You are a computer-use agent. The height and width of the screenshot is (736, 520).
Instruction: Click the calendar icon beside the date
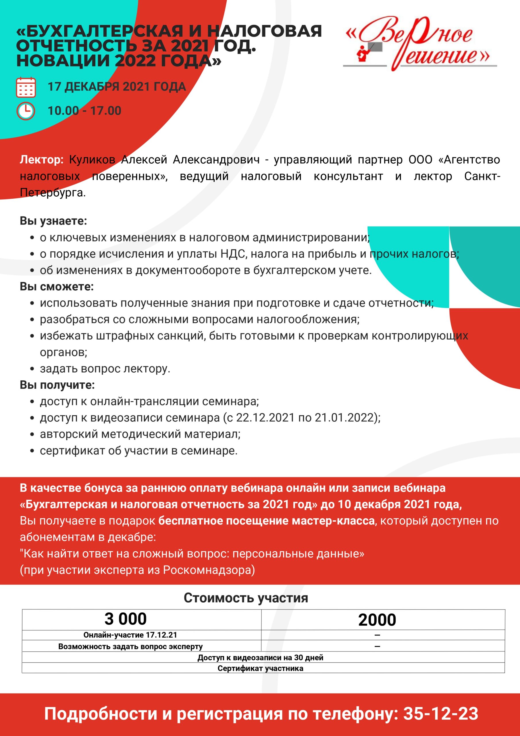click(x=26, y=87)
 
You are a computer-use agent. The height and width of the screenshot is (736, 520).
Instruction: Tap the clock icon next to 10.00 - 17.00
click(x=26, y=111)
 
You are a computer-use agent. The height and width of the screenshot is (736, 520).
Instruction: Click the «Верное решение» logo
click(x=420, y=43)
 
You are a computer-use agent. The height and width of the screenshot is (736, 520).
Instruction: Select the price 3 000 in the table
click(x=126, y=619)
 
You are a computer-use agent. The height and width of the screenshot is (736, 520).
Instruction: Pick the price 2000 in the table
click(x=377, y=620)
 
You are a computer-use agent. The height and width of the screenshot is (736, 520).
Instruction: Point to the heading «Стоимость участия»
click(x=246, y=598)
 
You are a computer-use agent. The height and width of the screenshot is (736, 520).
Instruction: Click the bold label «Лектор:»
click(x=42, y=160)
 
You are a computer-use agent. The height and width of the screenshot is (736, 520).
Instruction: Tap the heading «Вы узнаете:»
click(x=53, y=221)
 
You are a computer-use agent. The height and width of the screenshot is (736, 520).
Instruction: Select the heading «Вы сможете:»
click(x=57, y=287)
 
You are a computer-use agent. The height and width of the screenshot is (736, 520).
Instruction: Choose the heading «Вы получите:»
click(x=57, y=385)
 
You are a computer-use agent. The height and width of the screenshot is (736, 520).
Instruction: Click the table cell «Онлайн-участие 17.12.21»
click(x=130, y=635)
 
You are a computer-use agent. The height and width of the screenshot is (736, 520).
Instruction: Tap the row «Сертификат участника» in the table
click(x=260, y=668)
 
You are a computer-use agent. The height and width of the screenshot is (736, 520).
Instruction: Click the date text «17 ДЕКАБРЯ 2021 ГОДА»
click(x=117, y=87)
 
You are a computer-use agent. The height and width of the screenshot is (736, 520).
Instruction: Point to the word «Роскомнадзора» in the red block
click(x=209, y=570)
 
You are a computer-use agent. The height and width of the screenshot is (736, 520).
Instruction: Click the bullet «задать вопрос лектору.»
click(x=105, y=369)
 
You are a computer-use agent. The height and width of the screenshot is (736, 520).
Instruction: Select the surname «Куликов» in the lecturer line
click(x=92, y=160)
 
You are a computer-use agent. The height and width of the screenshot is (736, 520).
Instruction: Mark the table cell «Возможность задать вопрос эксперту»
click(x=130, y=646)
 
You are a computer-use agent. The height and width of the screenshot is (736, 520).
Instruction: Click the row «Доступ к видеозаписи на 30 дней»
click(x=260, y=658)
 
